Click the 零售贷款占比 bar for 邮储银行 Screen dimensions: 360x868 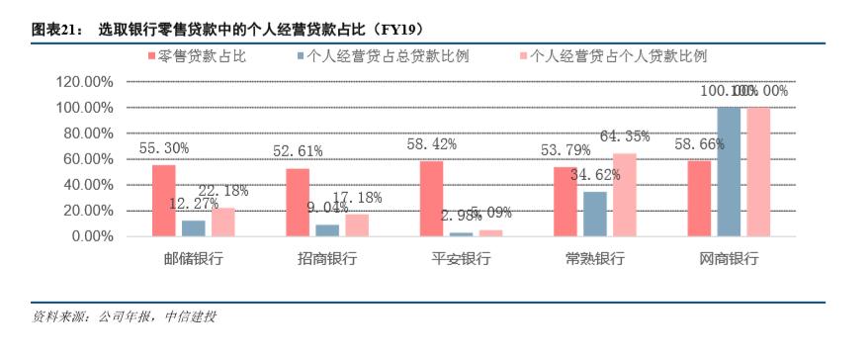tap(164, 201)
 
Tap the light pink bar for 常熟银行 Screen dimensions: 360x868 tap(625, 195)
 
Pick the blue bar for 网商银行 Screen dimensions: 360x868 tap(729, 171)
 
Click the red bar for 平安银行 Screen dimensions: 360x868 tap(432, 199)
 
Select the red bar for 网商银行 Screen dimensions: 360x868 tap(699, 199)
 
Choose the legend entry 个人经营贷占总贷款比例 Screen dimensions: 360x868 tap(388, 55)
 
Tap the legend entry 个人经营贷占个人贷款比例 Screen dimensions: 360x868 tap(619, 55)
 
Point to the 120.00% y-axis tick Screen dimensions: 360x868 tap(83, 81)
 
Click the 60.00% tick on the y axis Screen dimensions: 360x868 tap(87, 159)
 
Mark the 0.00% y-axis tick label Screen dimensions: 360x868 tap(91, 236)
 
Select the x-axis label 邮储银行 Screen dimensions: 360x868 tap(194, 259)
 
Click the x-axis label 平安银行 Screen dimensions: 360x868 tap(462, 259)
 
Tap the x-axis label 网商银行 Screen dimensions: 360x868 tap(729, 259)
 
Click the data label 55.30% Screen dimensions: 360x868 tap(164, 147)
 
